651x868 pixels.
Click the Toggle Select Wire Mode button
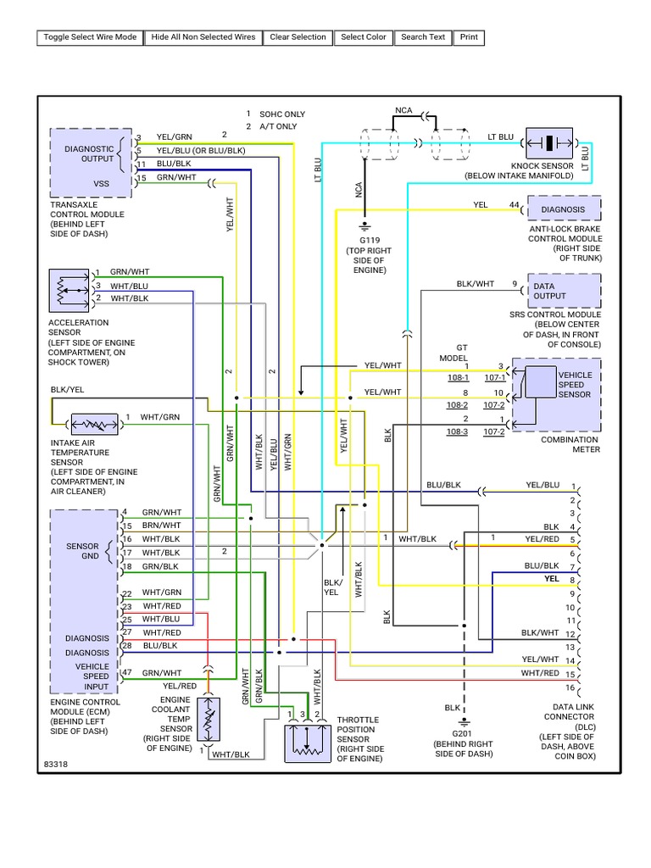pos(89,37)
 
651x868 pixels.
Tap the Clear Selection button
pos(298,37)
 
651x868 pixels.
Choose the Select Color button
pos(364,37)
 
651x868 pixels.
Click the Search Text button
pos(423,37)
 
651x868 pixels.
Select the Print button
pos(469,37)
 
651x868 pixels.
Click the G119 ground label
pos(365,241)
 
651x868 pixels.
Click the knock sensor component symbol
pos(549,142)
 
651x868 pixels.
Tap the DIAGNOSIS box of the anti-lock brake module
pos(564,209)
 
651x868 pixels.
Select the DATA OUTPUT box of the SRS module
pos(564,291)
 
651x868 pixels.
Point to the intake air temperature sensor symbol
pos(94,424)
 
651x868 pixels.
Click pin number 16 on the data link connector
pos(571,687)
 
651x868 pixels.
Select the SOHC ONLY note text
pos(282,114)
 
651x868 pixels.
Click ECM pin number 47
pos(127,672)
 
